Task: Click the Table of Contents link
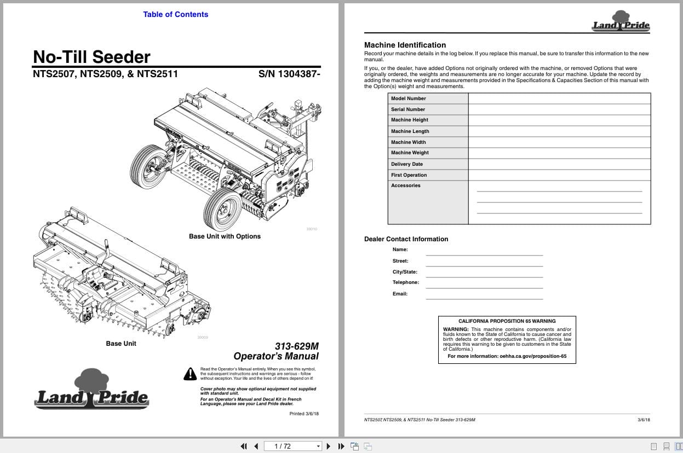point(175,14)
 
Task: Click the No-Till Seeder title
point(91,57)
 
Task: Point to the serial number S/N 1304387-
point(289,74)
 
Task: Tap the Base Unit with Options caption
point(225,236)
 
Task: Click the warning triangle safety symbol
point(190,374)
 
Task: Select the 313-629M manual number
point(296,346)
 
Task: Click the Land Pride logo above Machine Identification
point(621,22)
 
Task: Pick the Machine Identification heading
point(405,45)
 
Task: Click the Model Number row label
point(408,98)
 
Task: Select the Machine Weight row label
point(410,153)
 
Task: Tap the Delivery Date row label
point(406,164)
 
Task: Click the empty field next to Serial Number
point(559,109)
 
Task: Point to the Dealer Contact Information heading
point(406,239)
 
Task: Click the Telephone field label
point(405,282)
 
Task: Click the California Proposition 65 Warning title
point(507,321)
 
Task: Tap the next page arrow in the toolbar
point(329,446)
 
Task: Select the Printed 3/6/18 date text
point(304,414)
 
